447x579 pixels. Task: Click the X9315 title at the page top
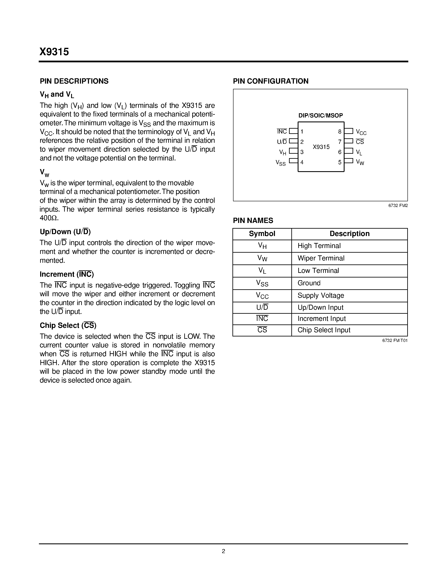click(x=54, y=52)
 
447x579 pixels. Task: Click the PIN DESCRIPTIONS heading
click(x=74, y=81)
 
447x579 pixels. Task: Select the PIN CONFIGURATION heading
click(x=271, y=81)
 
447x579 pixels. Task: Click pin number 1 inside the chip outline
click(x=302, y=132)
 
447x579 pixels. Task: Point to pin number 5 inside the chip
click(x=340, y=162)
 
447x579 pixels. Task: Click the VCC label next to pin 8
click(x=361, y=132)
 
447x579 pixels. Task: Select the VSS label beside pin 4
click(x=281, y=163)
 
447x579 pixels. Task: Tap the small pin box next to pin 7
click(x=349, y=141)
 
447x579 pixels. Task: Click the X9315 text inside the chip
click(x=321, y=147)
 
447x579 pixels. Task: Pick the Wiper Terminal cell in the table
click(x=321, y=258)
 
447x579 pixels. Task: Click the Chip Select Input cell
click(x=324, y=330)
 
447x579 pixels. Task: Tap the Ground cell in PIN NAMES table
click(x=309, y=283)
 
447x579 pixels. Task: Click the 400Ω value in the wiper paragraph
click(x=49, y=218)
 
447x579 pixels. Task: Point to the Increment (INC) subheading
click(x=67, y=274)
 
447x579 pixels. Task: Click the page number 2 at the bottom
click(x=223, y=551)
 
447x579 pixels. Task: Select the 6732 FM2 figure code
click(x=398, y=205)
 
